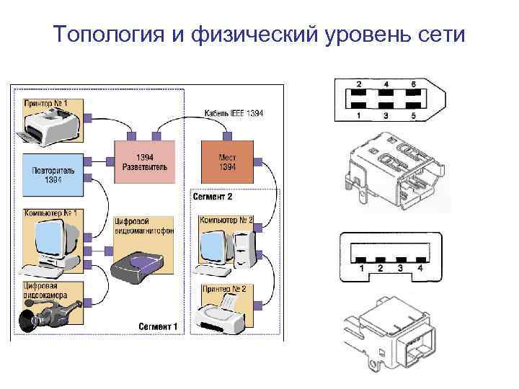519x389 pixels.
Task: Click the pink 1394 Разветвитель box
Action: pyautogui.click(x=144, y=163)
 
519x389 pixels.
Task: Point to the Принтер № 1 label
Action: pyautogui.click(x=47, y=104)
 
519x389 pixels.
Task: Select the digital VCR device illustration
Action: pyautogui.click(x=141, y=267)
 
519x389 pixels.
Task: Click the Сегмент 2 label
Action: pyautogui.click(x=213, y=196)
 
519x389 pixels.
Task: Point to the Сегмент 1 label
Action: pyautogui.click(x=158, y=326)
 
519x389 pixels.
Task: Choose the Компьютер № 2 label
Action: pyautogui.click(x=226, y=219)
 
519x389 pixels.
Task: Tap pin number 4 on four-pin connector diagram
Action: pyautogui.click(x=419, y=269)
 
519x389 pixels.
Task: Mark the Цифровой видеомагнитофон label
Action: pyautogui.click(x=143, y=227)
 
